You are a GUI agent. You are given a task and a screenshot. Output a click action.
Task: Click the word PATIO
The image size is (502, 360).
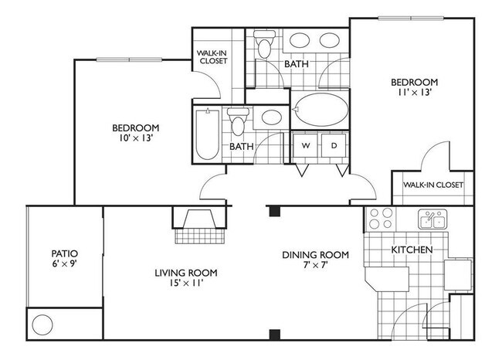[x=65, y=253]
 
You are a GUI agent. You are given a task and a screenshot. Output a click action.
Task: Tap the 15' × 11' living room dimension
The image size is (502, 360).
[x=185, y=284]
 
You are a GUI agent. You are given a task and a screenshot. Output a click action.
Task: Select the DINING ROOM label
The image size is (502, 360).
[x=314, y=255]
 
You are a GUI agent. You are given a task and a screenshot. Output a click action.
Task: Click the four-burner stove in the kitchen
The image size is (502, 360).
[x=380, y=219]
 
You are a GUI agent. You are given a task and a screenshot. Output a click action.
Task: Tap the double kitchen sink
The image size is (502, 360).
[x=432, y=220]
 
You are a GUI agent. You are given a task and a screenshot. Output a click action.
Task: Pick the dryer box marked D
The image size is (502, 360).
[x=334, y=145]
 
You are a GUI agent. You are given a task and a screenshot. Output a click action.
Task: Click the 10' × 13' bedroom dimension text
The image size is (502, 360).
[x=135, y=139]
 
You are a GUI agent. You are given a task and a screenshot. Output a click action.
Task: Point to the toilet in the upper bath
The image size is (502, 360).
[x=265, y=46]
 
